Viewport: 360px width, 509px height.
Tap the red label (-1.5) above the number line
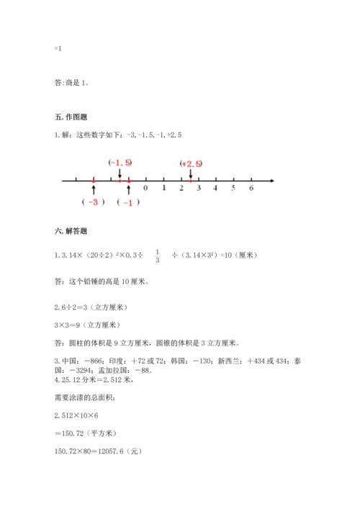pos(120,163)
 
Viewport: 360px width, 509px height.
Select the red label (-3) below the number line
pos(94,202)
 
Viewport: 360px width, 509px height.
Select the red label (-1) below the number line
pos(128,202)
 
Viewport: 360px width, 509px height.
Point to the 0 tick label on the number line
pos(145,188)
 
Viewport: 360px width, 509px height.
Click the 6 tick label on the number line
pos(251,188)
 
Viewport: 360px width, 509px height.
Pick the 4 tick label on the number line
pos(216,188)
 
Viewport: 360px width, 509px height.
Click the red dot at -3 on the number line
pos(94,180)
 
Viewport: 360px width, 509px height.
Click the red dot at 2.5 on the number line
pos(190,180)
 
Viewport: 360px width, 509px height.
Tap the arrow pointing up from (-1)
pos(128,189)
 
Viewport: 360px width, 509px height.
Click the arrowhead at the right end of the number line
pos(271,180)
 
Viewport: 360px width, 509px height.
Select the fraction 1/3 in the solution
pos(157,256)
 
